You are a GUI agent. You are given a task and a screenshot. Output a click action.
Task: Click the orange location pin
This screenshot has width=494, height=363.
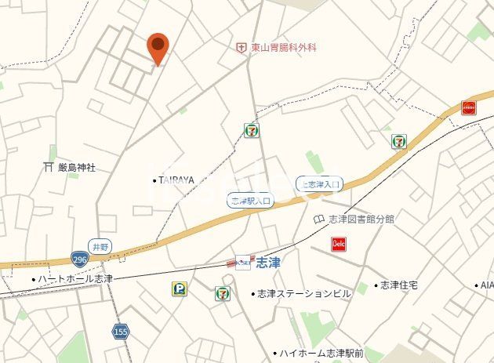tap(158, 49)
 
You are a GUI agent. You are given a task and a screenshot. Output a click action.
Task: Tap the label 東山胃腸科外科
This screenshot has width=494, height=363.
tap(284, 48)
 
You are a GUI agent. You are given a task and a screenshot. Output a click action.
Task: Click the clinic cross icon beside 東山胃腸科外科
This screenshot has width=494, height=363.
tap(242, 48)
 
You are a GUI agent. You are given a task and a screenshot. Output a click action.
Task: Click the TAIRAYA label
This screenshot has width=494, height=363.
tap(176, 180)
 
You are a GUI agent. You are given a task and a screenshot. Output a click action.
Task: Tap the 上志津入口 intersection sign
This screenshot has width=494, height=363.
tap(319, 184)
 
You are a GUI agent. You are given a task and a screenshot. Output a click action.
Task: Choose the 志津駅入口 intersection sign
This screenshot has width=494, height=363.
tap(250, 201)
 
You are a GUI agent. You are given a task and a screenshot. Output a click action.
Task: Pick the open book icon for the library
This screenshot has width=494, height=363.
tap(319, 219)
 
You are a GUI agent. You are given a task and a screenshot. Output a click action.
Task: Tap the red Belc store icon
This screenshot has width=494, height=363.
tap(339, 244)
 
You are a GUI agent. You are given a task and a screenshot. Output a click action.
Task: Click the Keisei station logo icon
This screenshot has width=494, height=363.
tap(243, 262)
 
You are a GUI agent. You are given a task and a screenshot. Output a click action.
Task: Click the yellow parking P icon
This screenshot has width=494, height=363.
tap(180, 289)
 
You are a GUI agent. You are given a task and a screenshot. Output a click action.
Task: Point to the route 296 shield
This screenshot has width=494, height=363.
tap(78, 259)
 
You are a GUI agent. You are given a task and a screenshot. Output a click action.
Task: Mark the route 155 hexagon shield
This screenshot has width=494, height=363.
tap(120, 331)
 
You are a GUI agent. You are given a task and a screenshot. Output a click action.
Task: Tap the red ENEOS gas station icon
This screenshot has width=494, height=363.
tap(469, 107)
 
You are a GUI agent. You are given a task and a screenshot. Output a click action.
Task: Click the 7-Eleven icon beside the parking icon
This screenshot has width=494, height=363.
tap(223, 294)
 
